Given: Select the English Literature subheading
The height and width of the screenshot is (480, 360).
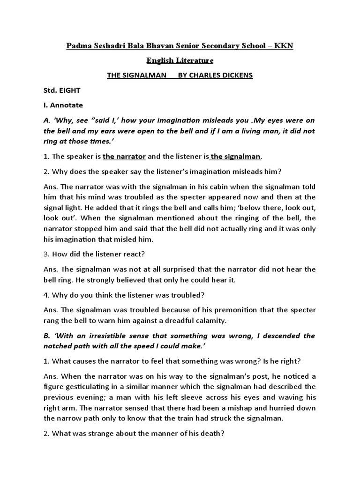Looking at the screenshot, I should click(x=180, y=60).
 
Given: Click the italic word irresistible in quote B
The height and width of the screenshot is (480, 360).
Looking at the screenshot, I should click(x=119, y=336).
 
